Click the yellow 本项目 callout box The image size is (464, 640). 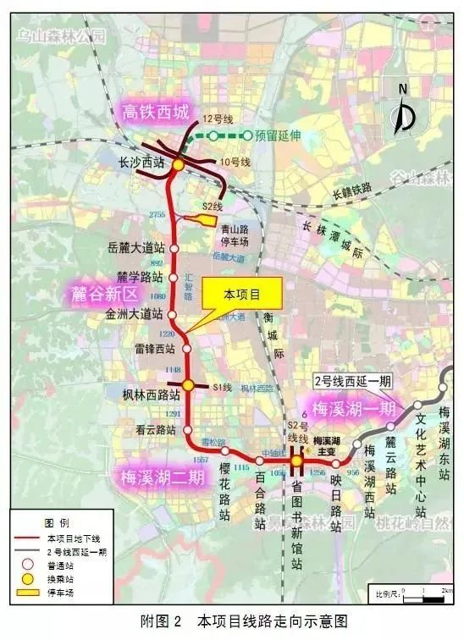tap(241, 295)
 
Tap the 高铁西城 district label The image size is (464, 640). tap(157, 111)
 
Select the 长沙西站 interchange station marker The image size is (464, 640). tap(179, 163)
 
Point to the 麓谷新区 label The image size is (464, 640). tap(105, 295)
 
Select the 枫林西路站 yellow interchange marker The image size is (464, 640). tap(189, 385)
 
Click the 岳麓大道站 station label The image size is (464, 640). tap(135, 248)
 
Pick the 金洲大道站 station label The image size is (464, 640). tap(134, 313)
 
